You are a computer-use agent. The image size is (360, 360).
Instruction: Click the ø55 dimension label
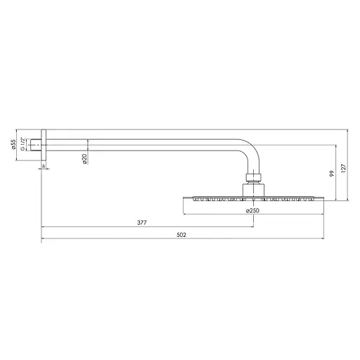(13, 146)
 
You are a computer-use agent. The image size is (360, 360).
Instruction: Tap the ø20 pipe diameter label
(84, 160)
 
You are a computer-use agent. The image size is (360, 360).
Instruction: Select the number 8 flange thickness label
(44, 167)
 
